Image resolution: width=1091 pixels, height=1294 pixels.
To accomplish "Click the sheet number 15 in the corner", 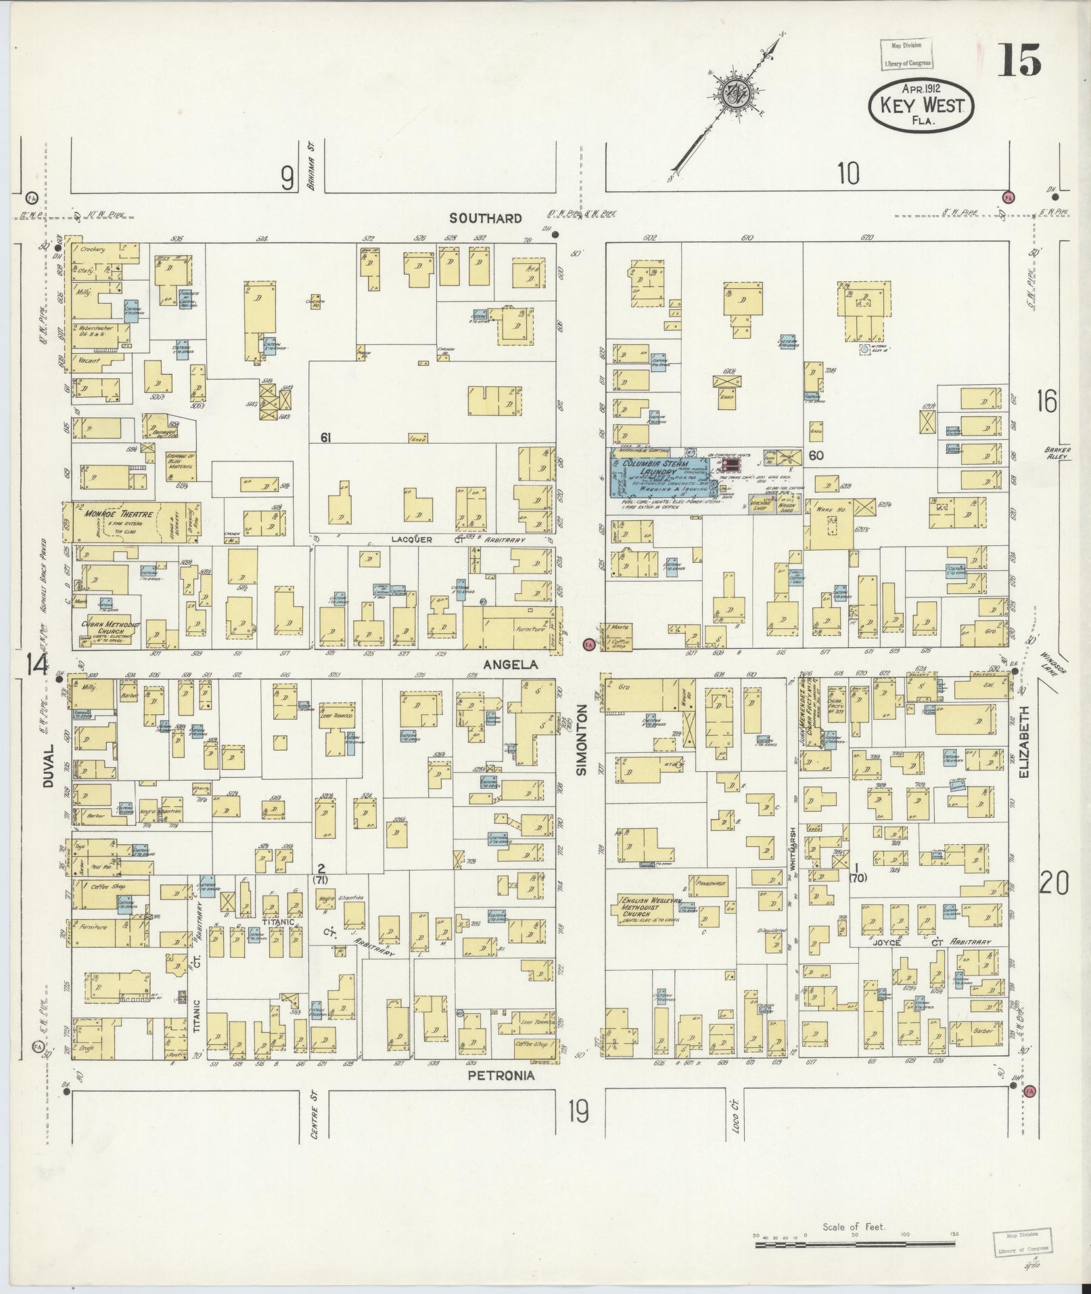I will [x=1019, y=63].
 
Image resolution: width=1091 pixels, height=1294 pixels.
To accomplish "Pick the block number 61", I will [x=325, y=438].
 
